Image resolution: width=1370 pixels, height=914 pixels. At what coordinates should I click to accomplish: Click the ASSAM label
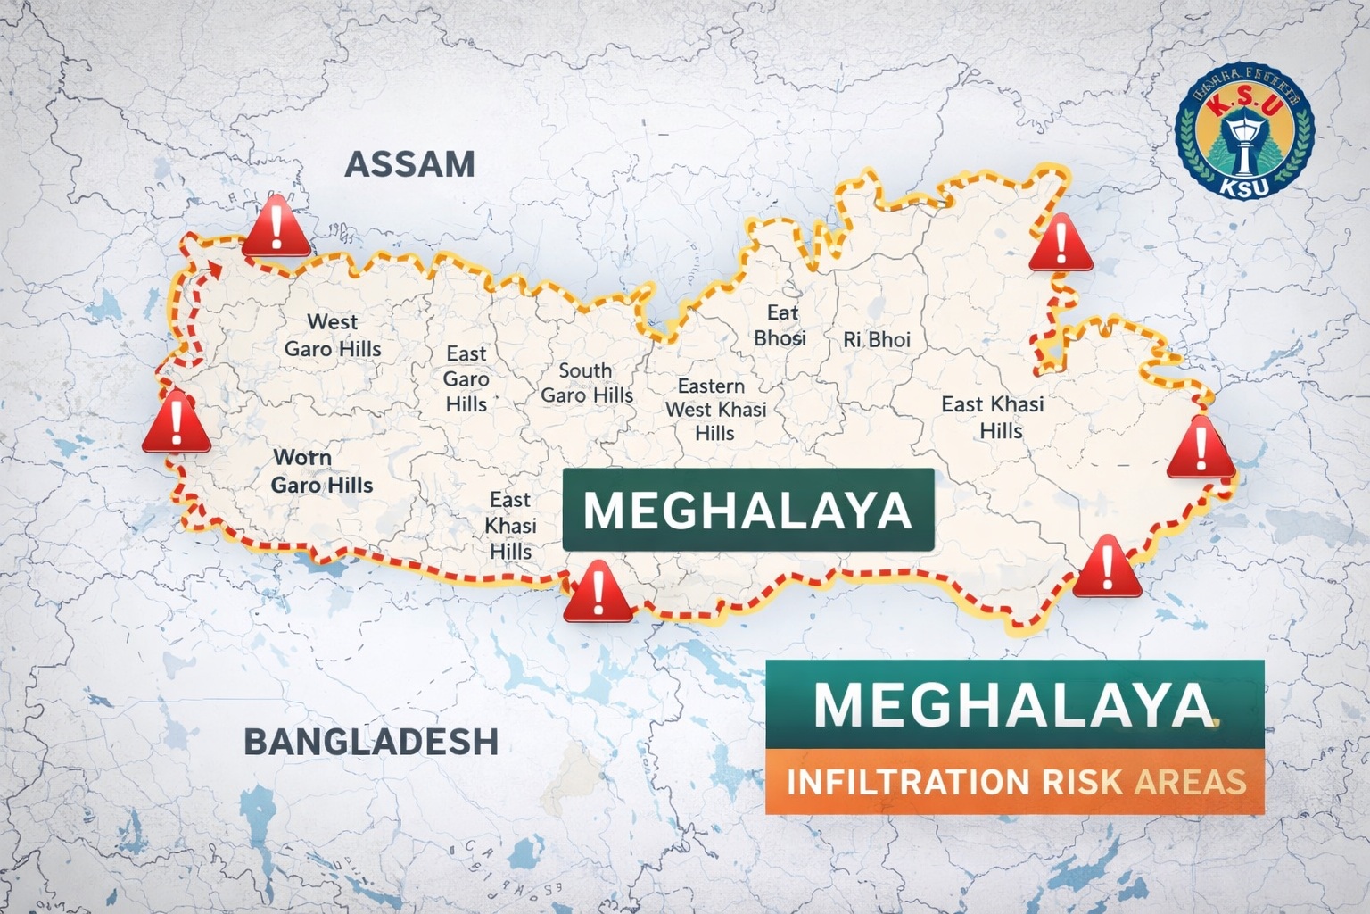pyautogui.click(x=409, y=164)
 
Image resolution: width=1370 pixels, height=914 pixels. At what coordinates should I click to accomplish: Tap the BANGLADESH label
pyautogui.click(x=370, y=742)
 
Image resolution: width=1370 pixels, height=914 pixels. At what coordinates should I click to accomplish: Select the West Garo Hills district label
pyautogui.click(x=332, y=335)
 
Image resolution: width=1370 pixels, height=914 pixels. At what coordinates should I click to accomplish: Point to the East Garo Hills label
pyautogui.click(x=466, y=378)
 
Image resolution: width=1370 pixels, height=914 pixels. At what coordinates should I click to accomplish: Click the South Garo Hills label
pyautogui.click(x=586, y=383)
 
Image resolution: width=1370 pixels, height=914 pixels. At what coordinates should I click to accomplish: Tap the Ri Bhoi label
pyautogui.click(x=877, y=340)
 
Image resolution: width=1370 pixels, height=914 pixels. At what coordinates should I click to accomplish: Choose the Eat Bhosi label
pyautogui.click(x=780, y=325)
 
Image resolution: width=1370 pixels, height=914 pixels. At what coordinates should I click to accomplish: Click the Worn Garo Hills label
pyautogui.click(x=321, y=471)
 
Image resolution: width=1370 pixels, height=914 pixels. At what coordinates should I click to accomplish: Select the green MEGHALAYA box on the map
pyautogui.click(x=747, y=510)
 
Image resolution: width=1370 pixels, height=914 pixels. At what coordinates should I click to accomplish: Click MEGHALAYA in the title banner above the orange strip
pyautogui.click(x=1014, y=704)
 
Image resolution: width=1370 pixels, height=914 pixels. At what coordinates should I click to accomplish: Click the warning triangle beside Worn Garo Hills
pyautogui.click(x=177, y=422)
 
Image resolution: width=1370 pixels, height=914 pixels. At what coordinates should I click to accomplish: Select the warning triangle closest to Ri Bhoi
pyautogui.click(x=1061, y=245)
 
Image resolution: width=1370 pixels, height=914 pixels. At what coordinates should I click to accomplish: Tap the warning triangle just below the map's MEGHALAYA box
pyautogui.click(x=598, y=593)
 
